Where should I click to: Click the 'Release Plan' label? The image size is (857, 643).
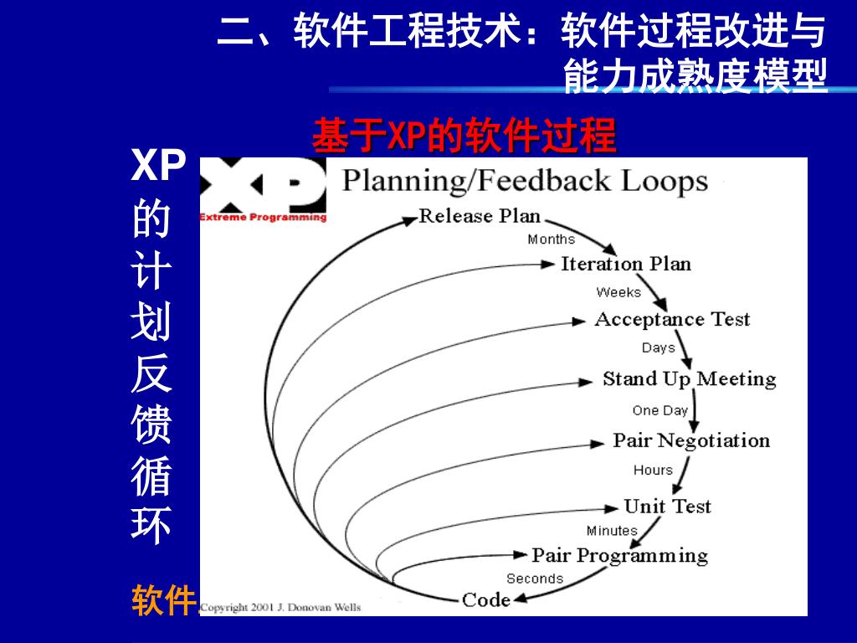[480, 216]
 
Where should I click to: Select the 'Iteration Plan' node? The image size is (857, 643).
[626, 265]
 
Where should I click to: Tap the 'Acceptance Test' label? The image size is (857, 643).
[672, 320]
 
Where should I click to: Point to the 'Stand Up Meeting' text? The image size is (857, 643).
[689, 379]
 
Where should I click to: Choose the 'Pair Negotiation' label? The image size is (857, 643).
[691, 440]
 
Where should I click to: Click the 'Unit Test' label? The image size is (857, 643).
[667, 507]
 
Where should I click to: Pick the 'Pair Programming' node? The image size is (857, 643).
[619, 556]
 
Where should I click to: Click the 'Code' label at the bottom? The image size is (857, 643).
[486, 599]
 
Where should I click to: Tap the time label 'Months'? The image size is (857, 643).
[552, 239]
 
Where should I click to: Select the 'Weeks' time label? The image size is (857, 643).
[618, 292]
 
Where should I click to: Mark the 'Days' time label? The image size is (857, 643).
[659, 347]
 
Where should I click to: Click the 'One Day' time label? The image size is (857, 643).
[660, 410]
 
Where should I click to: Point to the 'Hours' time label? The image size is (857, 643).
[653, 471]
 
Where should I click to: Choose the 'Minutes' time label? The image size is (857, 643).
[612, 531]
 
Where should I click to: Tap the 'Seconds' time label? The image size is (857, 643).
[535, 579]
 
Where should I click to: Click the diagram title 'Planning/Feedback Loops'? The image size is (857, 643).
[526, 181]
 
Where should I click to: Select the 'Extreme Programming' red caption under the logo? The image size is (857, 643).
[263, 218]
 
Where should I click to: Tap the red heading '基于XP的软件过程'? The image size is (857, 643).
[464, 136]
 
